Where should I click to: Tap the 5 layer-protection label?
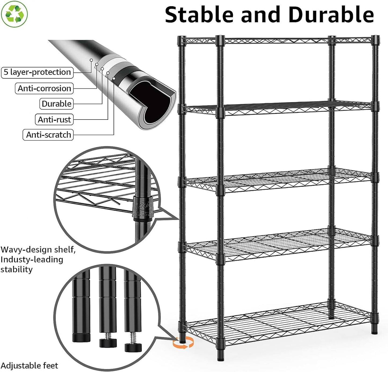pos(37,73)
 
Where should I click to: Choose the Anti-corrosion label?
pos(44,88)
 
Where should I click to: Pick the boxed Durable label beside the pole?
pos(56,104)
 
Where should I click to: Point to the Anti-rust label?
pos(54,120)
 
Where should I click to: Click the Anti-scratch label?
pos(48,135)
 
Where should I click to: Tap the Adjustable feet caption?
pos(29,366)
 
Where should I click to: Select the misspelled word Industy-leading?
pos(32,260)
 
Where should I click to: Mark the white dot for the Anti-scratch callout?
pos(114,78)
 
